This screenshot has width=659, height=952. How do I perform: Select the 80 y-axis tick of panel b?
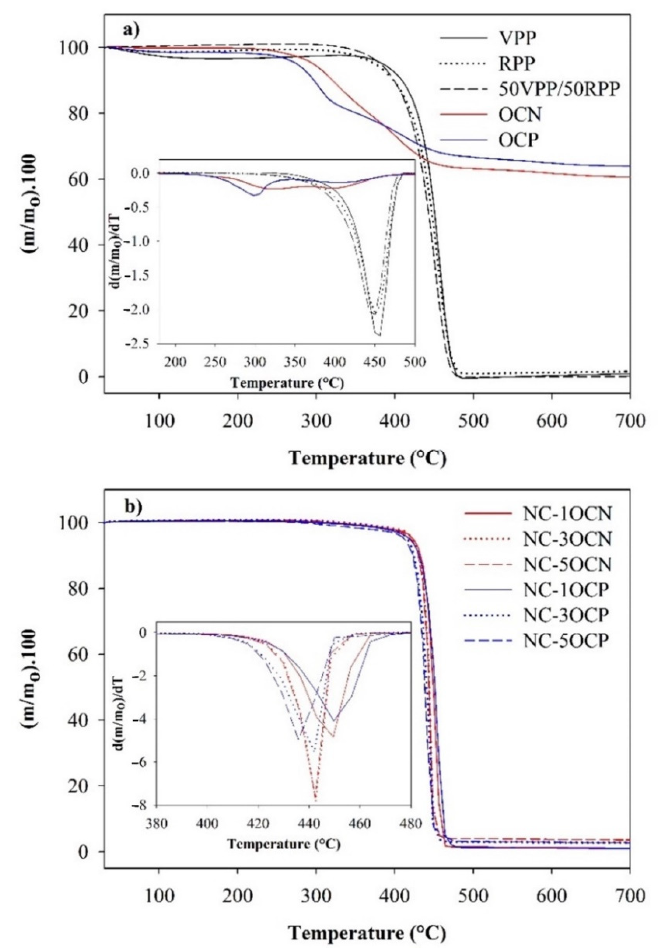[x=85, y=588]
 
